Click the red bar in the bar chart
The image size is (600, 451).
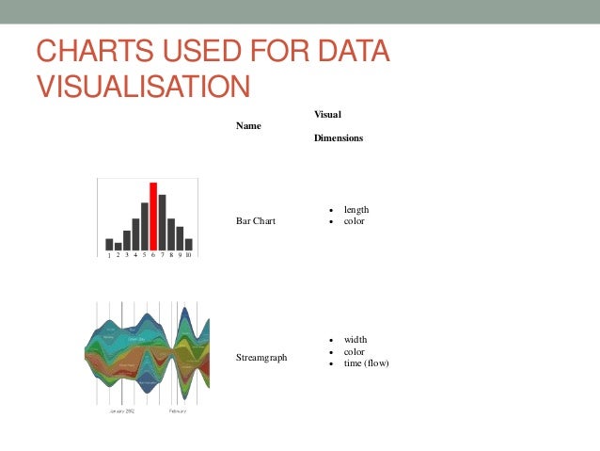153,217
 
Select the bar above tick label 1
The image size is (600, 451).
109,244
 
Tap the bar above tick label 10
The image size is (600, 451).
188,244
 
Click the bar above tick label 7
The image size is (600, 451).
162,222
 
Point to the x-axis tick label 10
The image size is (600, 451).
188,255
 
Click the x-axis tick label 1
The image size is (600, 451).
109,255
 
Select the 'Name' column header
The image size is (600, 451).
248,125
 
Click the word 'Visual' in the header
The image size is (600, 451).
327,114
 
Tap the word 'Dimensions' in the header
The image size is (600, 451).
339,137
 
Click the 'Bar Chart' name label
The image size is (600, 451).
257,221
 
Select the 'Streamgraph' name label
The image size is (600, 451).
261,358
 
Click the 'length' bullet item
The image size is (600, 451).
356,209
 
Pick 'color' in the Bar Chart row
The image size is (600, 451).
354,221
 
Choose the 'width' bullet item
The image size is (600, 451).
355,339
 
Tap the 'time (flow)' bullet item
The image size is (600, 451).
366,363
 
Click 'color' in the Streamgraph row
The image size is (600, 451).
354,351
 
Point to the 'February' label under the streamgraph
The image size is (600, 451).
178,411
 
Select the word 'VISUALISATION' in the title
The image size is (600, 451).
143,86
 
